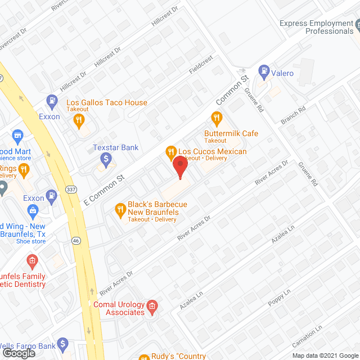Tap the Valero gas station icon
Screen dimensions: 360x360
coord(263,71)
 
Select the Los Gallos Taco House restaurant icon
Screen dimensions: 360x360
coord(80,119)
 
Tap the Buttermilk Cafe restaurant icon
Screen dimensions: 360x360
coord(215,118)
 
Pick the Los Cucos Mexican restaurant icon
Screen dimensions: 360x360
coord(170,151)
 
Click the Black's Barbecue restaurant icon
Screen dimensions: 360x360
coord(119,210)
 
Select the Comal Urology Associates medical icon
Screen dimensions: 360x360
coord(151,307)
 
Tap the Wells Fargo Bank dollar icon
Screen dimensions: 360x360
coord(63,343)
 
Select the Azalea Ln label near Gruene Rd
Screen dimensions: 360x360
coord(283,232)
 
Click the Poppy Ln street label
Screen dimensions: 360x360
coord(279,298)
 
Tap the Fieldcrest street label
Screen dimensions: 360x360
coord(201,66)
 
